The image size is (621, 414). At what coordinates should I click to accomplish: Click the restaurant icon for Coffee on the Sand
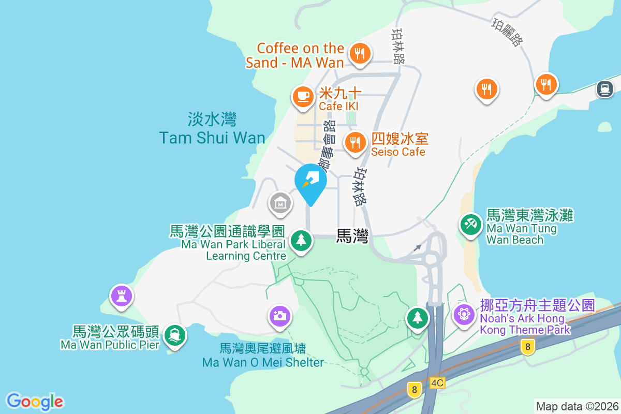[x=360, y=53]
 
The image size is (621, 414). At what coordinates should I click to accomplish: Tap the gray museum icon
[x=280, y=202]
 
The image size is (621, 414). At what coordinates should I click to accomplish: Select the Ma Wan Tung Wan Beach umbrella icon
[x=470, y=225]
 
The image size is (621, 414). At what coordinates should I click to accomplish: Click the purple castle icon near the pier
[x=122, y=297]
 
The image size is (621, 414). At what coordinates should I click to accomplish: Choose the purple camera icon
[x=279, y=315]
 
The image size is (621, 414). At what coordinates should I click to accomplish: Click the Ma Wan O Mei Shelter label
[x=263, y=355]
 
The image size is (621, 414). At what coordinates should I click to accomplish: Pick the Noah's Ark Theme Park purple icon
[x=464, y=314]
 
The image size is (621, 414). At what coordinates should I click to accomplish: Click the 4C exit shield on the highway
[x=437, y=383]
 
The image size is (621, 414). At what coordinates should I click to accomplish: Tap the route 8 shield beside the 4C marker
[x=413, y=389]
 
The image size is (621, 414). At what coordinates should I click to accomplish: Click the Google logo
[x=35, y=401]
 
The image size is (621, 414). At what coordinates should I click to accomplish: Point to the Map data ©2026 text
[x=576, y=406]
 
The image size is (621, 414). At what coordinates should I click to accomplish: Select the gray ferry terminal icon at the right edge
[x=604, y=88]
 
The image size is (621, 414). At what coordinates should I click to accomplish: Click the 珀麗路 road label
[x=507, y=33]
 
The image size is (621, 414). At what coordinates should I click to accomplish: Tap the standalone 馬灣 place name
[x=352, y=236]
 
